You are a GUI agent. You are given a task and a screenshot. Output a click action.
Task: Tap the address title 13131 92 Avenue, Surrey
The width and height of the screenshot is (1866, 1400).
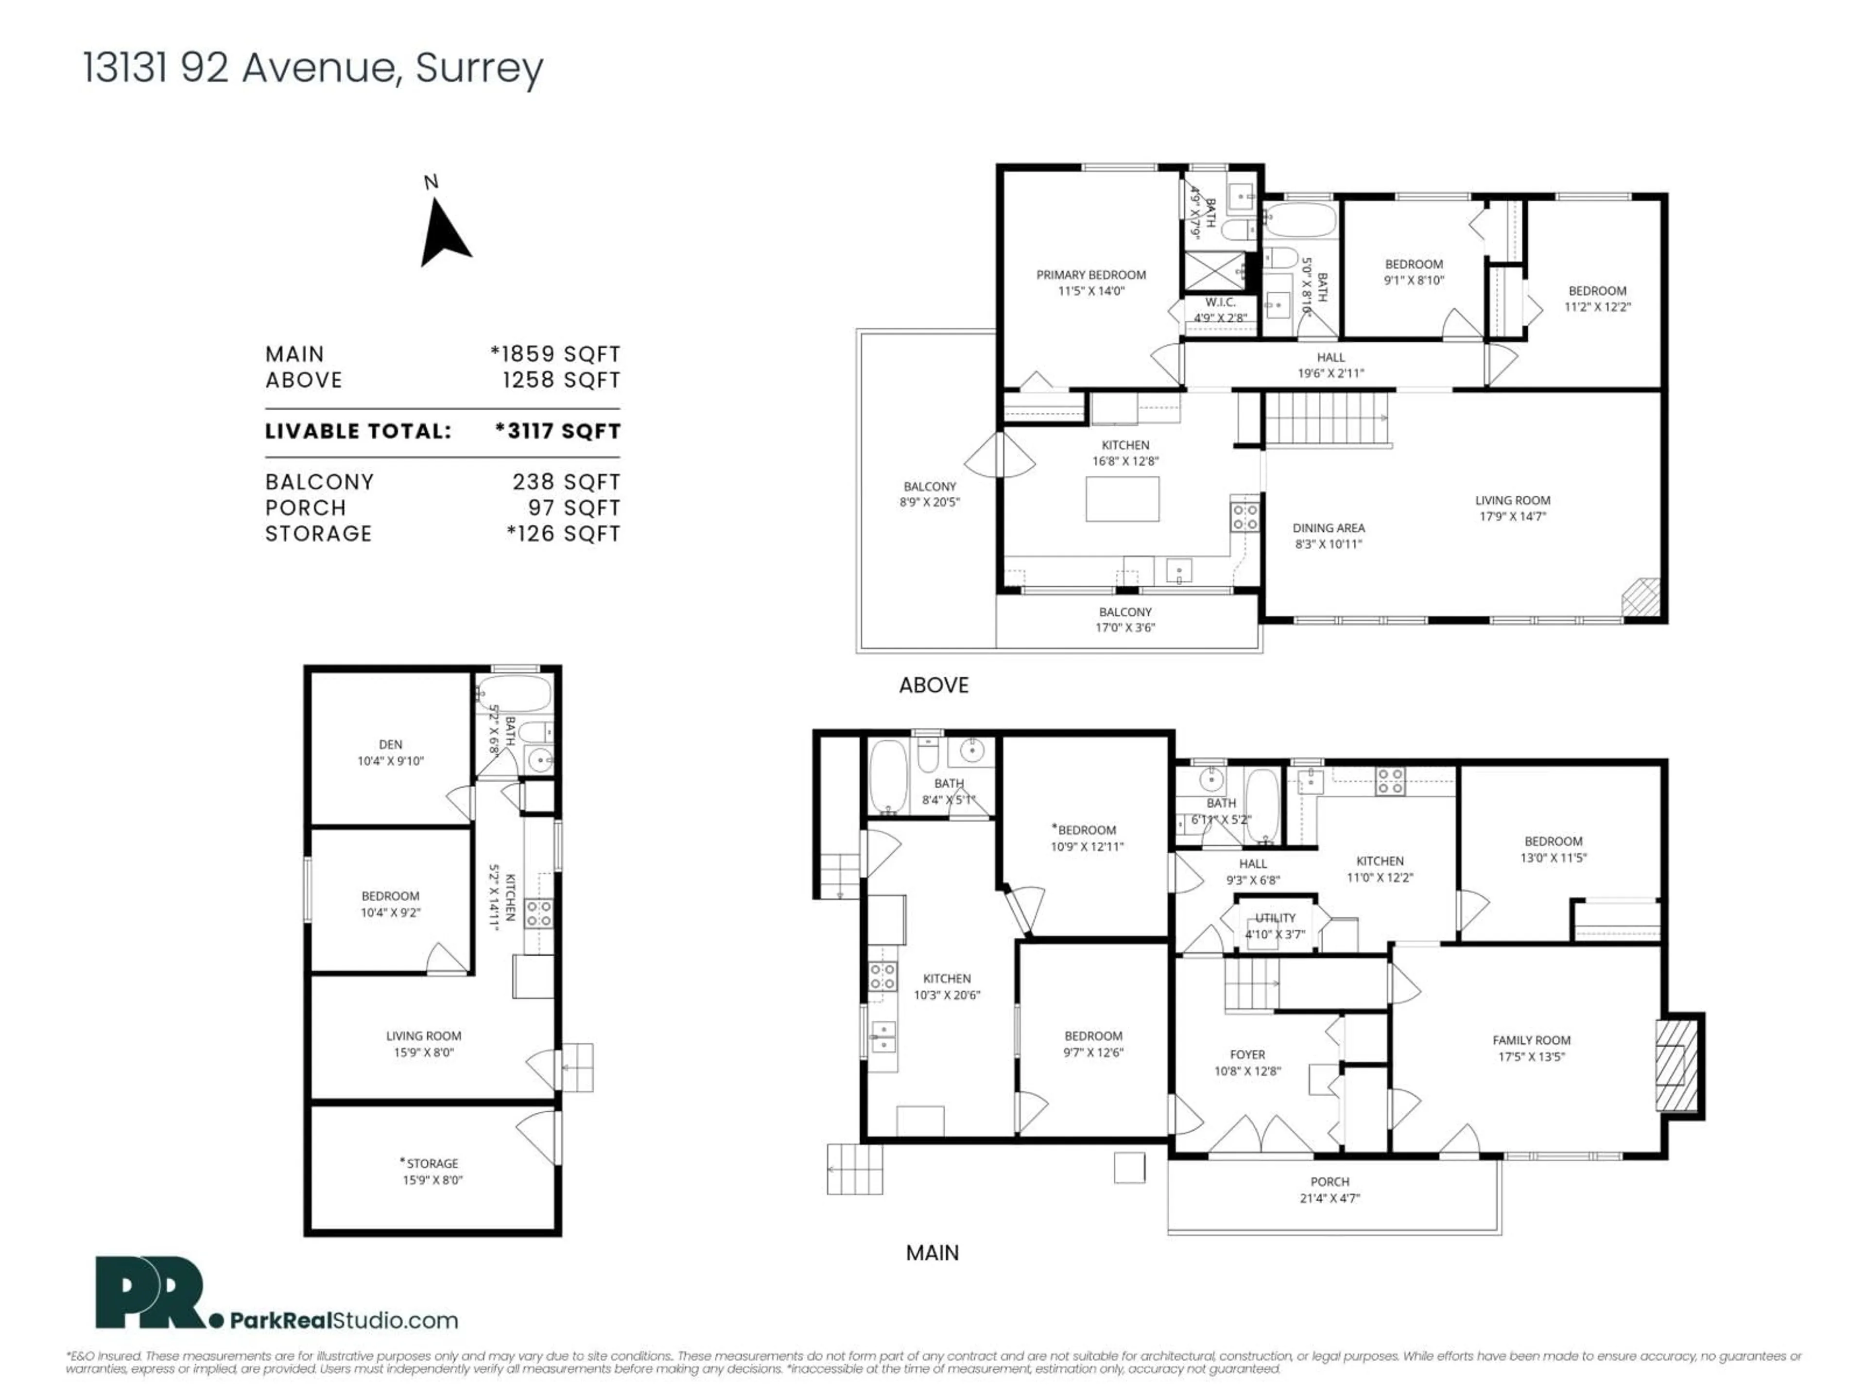[313, 68]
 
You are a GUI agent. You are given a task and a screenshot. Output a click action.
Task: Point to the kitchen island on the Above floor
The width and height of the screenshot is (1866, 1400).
[1122, 499]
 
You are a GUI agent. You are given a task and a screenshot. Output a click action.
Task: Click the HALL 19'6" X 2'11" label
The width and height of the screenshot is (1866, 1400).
[1330, 365]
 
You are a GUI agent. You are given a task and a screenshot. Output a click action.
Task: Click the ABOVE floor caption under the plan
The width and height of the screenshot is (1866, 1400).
[933, 685]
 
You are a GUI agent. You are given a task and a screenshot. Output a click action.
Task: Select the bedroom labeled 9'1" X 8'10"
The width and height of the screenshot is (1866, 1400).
[1414, 272]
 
